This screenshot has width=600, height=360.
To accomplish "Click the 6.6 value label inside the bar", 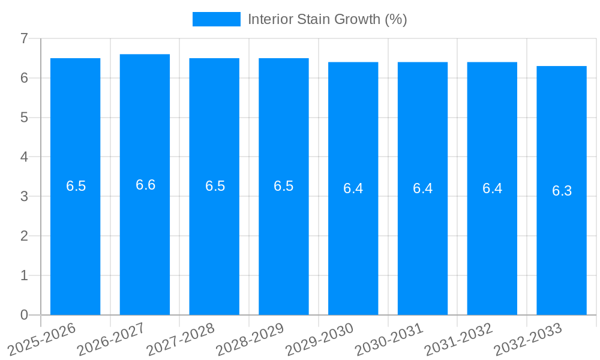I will click(145, 185).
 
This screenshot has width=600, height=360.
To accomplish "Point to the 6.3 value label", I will click(562, 191).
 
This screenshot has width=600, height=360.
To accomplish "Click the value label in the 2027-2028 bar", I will click(215, 186).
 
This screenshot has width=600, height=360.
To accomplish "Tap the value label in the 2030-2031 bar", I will click(422, 188).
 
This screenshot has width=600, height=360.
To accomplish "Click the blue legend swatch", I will click(216, 19).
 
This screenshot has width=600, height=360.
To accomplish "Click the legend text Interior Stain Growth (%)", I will click(327, 19).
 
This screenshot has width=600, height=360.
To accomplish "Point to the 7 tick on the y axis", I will click(24, 38).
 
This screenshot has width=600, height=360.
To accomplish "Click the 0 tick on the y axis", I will click(24, 315).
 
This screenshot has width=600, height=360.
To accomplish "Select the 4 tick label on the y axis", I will click(24, 157).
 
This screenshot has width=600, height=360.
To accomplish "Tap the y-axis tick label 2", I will click(24, 236).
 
